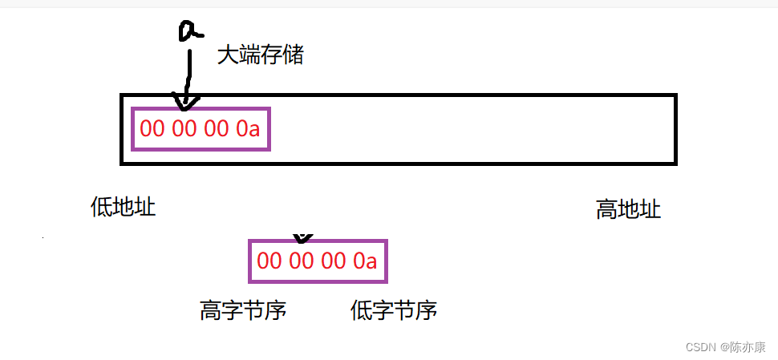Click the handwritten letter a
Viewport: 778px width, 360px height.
[x=189, y=30]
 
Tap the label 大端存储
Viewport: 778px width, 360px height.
[x=261, y=55]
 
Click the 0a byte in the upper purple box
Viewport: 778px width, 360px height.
[x=248, y=128]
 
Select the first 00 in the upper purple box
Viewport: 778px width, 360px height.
[x=152, y=128]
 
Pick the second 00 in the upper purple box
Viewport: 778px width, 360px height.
[x=184, y=128]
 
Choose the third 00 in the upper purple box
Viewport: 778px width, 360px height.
[x=216, y=128]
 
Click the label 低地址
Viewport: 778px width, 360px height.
[x=123, y=207]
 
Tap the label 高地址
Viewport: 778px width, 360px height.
[x=628, y=210]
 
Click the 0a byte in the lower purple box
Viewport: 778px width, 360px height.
[x=365, y=261]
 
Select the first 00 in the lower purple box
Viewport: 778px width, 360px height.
[x=269, y=261]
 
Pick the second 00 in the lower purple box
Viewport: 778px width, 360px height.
[x=301, y=261]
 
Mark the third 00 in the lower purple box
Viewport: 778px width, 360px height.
[x=333, y=261]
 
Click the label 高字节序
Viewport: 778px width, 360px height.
[x=243, y=310]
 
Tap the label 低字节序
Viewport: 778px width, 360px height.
[x=394, y=310]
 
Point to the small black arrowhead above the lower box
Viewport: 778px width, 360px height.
[x=302, y=238]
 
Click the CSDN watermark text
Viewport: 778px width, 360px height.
[x=702, y=346]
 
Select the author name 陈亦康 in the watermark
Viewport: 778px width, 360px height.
[x=749, y=346]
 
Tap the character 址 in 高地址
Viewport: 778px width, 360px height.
[x=650, y=210]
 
